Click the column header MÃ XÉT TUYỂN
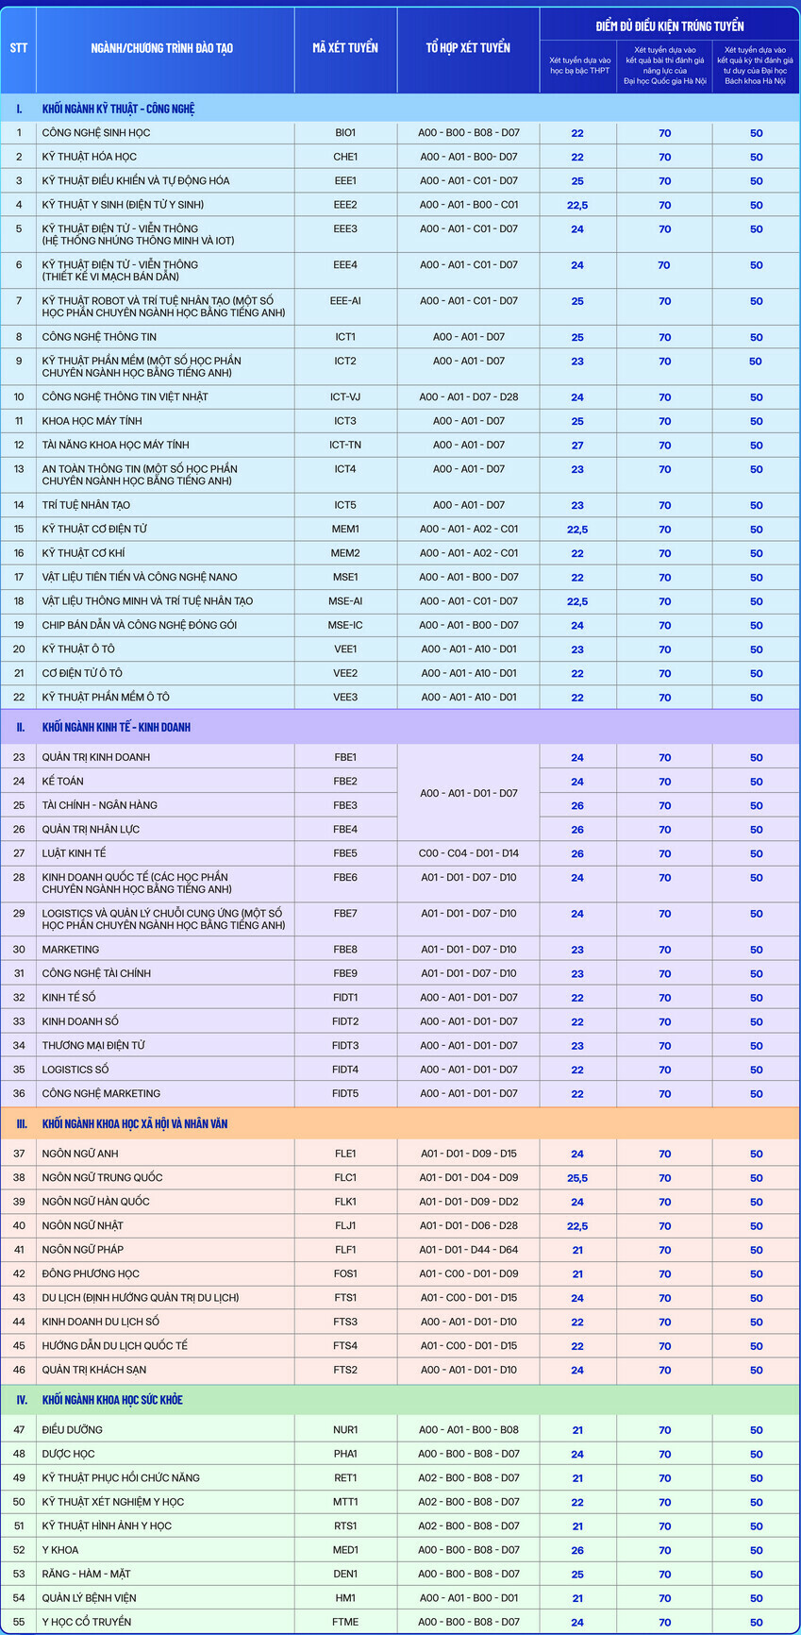[345, 48]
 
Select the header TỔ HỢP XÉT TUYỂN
[468, 48]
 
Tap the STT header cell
[19, 48]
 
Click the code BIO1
[345, 133]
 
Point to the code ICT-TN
[345, 445]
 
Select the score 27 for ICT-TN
[577, 446]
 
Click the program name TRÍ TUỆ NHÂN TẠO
[86, 505]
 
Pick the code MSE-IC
[345, 625]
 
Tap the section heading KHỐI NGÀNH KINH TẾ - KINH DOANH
[116, 728]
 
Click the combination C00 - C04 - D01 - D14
[469, 853]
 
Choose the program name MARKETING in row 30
[71, 950]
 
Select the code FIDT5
[345, 1093]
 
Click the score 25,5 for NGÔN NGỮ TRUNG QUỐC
[577, 1178]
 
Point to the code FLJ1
[345, 1225]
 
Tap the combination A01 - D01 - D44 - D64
[469, 1250]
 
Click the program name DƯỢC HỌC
[68, 1454]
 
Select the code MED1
[345, 1550]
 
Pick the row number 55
[19, 1622]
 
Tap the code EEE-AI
[345, 301]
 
